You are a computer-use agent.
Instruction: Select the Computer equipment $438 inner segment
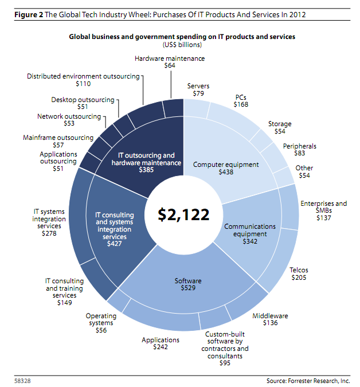click(226, 168)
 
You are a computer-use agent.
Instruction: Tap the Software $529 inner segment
click(188, 284)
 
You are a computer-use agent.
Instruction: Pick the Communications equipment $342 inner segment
click(250, 233)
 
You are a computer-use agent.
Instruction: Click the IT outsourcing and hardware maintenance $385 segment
click(146, 163)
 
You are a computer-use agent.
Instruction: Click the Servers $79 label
click(198, 90)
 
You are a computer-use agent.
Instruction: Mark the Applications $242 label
click(161, 343)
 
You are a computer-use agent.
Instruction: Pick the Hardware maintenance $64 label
click(170, 62)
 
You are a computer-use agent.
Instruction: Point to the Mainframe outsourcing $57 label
click(58, 142)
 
